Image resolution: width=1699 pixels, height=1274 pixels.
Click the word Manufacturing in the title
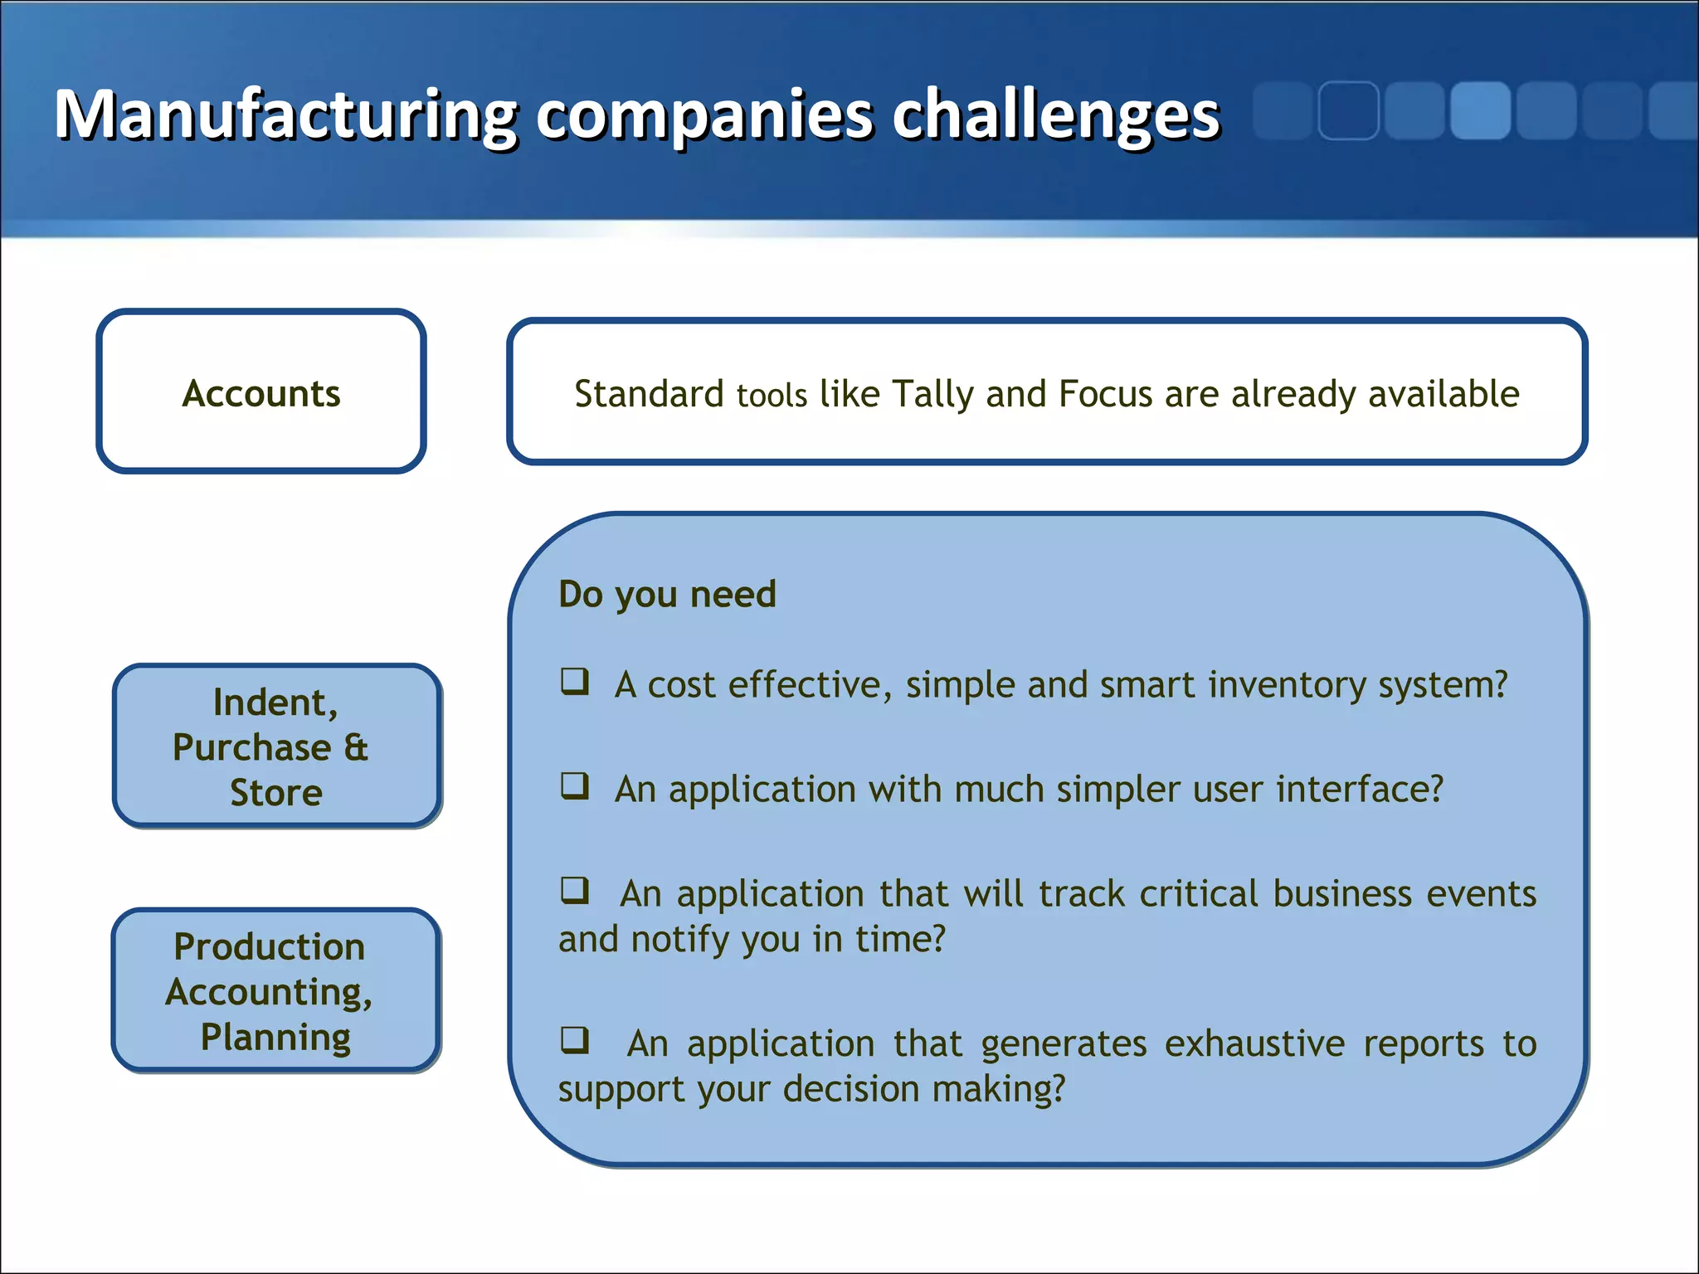[286, 116]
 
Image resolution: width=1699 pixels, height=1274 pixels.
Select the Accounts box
[261, 392]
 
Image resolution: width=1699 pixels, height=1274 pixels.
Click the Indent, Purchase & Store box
[276, 746]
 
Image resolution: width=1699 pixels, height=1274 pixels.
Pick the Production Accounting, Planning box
[276, 990]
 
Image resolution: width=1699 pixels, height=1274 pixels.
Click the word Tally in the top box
[932, 394]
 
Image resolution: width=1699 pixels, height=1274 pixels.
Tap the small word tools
[772, 396]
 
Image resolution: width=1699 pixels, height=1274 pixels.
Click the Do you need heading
[667, 595]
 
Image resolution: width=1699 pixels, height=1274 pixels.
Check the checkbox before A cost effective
[575, 682]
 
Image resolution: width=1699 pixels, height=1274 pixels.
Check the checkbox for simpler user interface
[575, 785]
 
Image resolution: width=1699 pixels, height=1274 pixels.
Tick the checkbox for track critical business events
[575, 891]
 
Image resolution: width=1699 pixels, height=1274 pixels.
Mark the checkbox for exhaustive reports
[575, 1039]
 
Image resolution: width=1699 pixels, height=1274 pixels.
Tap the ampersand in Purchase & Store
[356, 747]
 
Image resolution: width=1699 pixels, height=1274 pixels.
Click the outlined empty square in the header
[1348, 110]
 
